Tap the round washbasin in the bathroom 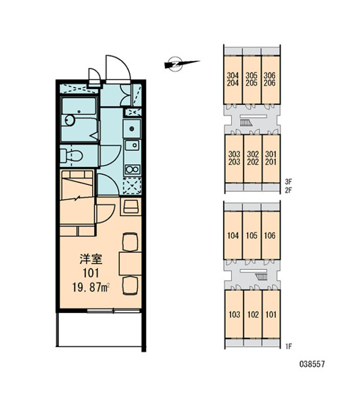(x=69, y=120)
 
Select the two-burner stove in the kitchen (x=133, y=169)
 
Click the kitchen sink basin (x=133, y=145)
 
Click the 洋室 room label (x=91, y=259)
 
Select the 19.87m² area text (x=91, y=287)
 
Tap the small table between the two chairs (x=130, y=264)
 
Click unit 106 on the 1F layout (x=271, y=235)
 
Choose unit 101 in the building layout (x=271, y=314)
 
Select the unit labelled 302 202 (x=252, y=159)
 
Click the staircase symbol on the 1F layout (x=261, y=277)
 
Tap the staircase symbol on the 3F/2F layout (x=246, y=123)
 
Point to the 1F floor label (x=288, y=346)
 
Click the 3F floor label (x=288, y=181)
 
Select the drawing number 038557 (x=312, y=364)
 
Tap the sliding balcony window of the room (x=113, y=311)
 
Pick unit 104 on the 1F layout (x=233, y=235)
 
